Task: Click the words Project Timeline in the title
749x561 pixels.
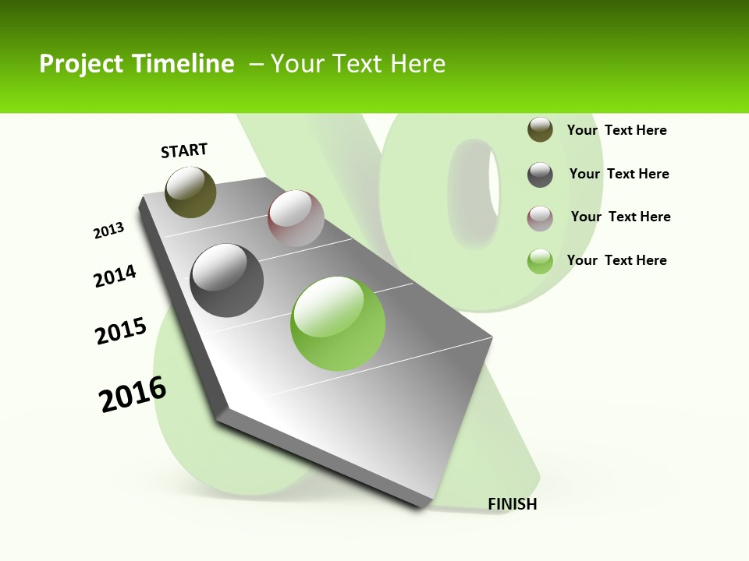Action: click(x=137, y=64)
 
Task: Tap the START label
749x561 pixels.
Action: click(x=184, y=150)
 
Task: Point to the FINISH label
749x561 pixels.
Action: click(x=513, y=504)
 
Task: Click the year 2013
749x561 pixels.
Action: click(x=108, y=231)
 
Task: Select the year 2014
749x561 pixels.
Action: click(x=115, y=276)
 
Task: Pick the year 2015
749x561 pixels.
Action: click(x=121, y=331)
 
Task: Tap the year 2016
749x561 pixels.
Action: click(x=133, y=394)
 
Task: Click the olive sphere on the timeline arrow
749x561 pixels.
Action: click(x=191, y=192)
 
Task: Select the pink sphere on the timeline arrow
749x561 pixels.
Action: click(x=296, y=218)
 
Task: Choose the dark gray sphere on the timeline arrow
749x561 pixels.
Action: click(x=227, y=280)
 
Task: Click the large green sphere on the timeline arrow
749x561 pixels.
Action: click(x=338, y=323)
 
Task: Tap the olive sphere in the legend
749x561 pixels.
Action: click(x=540, y=130)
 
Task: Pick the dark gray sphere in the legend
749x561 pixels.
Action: click(x=540, y=175)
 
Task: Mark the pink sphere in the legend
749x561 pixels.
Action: click(x=540, y=218)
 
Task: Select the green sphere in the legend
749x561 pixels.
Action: click(x=540, y=261)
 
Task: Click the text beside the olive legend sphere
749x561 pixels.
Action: click(x=617, y=130)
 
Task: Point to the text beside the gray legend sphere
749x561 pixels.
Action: click(x=619, y=174)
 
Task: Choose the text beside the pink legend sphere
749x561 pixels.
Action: click(x=621, y=217)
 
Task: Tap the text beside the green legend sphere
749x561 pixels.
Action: click(x=617, y=260)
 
